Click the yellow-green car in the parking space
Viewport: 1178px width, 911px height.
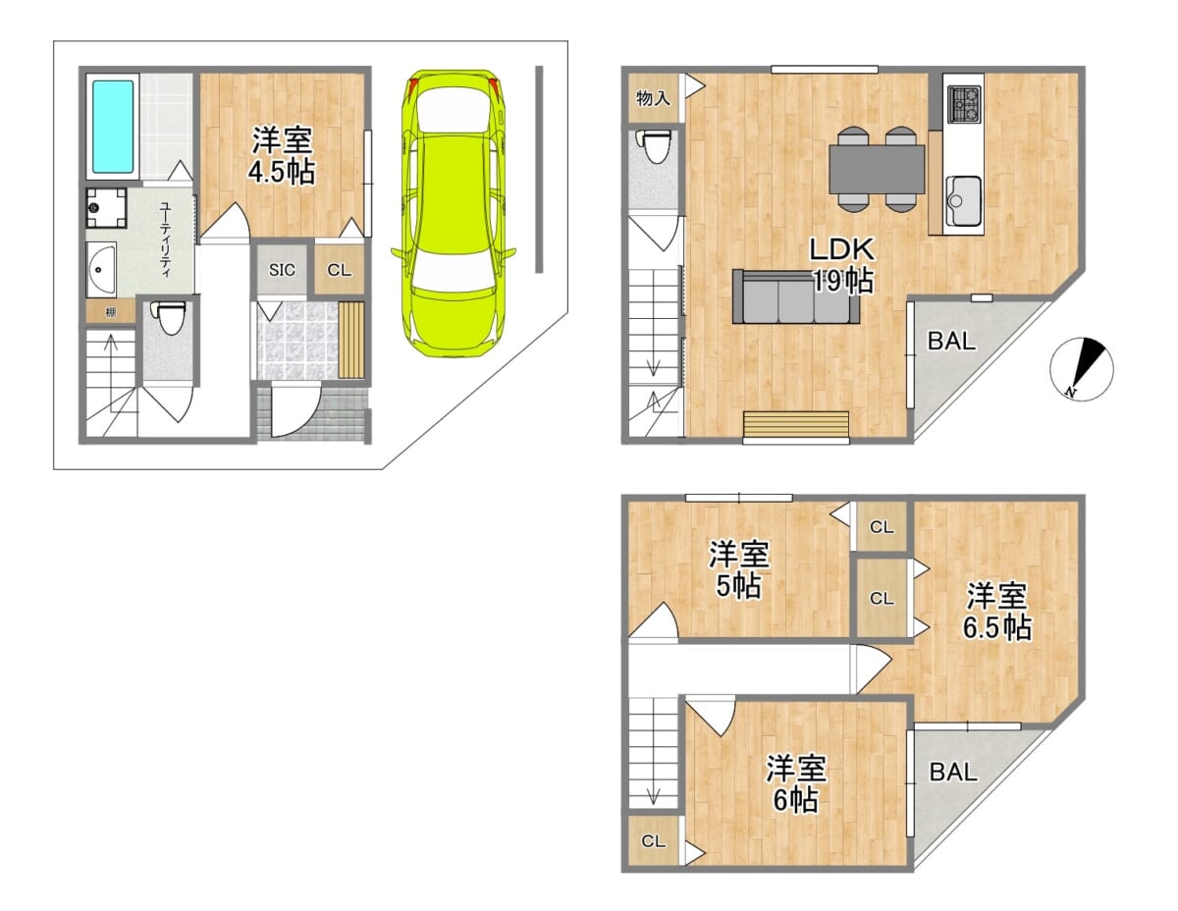click(454, 213)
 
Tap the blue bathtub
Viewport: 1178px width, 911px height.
click(113, 127)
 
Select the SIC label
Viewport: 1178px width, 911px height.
click(282, 269)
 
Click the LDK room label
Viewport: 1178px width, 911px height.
click(842, 249)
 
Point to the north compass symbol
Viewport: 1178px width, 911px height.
click(1082, 368)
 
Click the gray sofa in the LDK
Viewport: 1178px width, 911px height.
click(796, 297)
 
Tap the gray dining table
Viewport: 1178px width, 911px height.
click(877, 169)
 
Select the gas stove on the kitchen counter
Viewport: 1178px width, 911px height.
click(964, 104)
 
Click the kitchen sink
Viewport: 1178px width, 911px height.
click(963, 200)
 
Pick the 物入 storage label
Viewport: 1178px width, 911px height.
click(653, 98)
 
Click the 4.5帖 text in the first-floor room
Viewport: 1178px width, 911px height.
click(282, 173)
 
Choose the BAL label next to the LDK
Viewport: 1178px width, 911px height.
click(952, 341)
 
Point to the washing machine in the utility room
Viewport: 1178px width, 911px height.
click(106, 207)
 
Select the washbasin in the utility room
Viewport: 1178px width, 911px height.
click(101, 269)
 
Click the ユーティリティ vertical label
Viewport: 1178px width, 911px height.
click(165, 239)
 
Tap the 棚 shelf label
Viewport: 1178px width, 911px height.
click(111, 313)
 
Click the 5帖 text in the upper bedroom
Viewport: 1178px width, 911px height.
click(738, 585)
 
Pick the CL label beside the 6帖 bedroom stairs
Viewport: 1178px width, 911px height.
click(653, 841)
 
